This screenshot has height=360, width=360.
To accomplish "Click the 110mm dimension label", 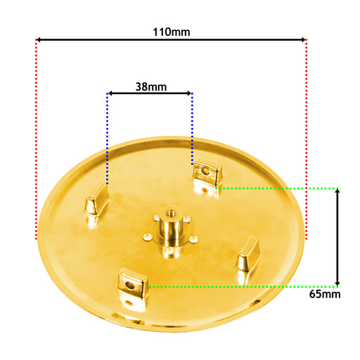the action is coord(172,32).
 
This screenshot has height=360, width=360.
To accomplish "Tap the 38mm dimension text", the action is coord(151,87).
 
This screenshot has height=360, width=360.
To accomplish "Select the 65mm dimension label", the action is coord(325,294).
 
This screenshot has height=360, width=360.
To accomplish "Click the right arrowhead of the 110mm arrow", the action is coord(303,39).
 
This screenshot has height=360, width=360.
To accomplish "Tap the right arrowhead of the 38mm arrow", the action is coord(189,94).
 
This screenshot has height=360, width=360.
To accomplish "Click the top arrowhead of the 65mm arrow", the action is coord(337,191).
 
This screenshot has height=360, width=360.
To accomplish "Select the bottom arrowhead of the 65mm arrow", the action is coord(337,283).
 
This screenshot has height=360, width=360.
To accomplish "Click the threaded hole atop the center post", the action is coord(171,213).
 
